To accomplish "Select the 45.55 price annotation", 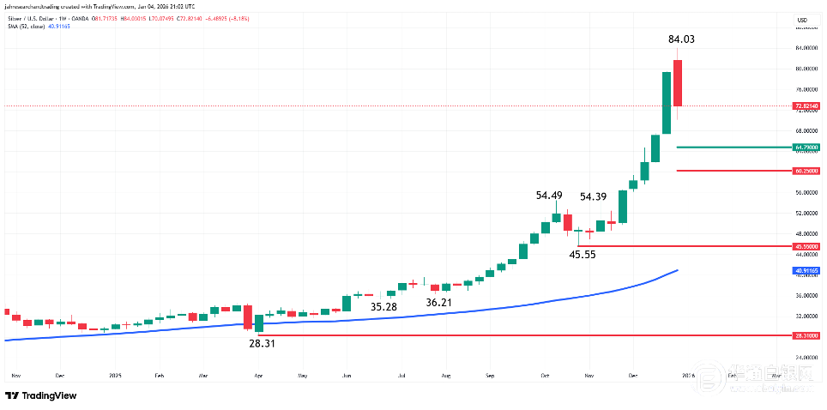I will (x=584, y=255).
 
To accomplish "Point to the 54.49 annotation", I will (x=549, y=196).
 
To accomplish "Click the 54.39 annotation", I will (x=594, y=196).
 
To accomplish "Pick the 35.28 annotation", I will (x=383, y=306).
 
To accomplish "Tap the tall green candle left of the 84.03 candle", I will (x=666, y=103).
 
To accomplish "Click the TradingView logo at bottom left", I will (x=40, y=395).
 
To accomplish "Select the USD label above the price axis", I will (x=802, y=20).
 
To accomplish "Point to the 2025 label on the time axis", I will (x=116, y=376).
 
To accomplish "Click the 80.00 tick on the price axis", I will (x=804, y=69).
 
